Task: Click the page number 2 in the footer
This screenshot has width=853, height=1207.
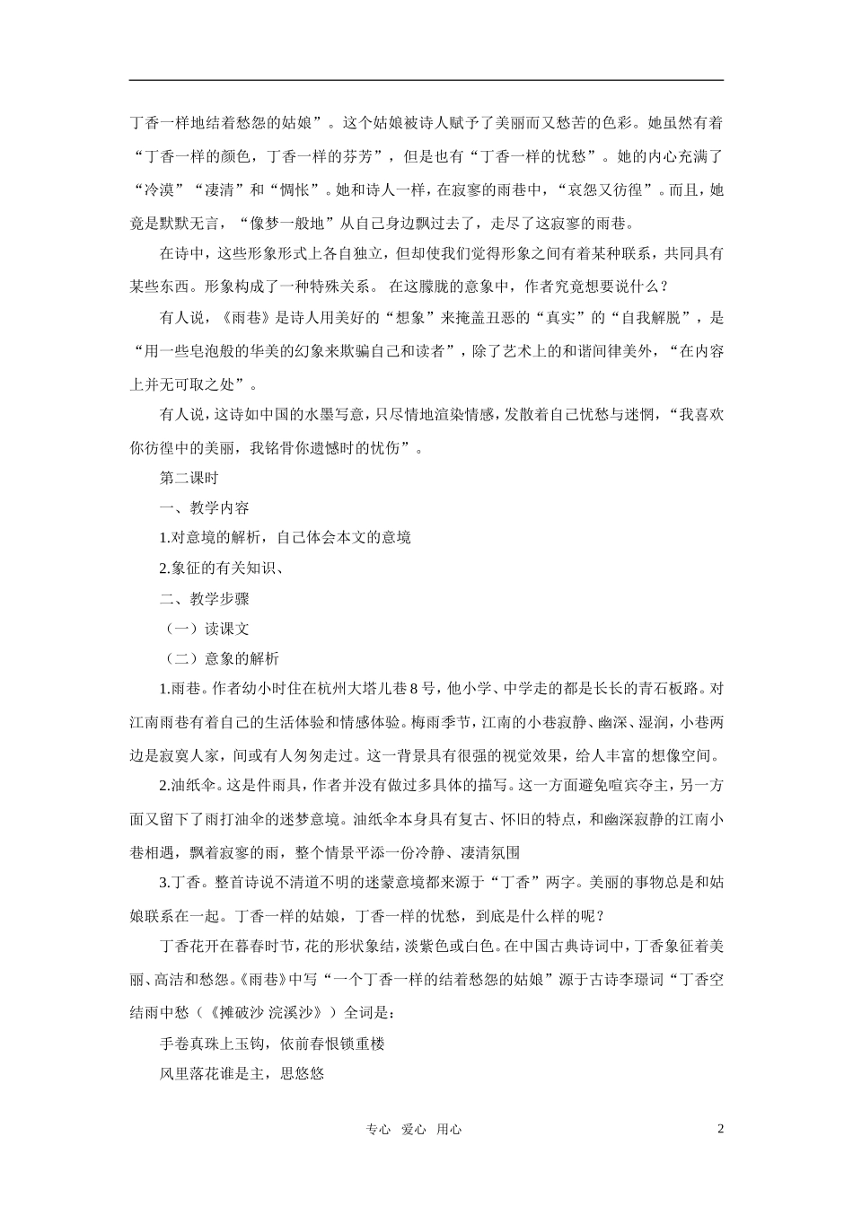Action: (720, 1130)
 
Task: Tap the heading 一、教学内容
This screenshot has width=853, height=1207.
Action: (204, 507)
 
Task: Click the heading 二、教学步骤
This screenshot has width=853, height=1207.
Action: (204, 598)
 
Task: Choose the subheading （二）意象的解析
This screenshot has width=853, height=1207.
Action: (219, 658)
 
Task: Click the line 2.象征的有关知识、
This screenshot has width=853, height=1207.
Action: (222, 568)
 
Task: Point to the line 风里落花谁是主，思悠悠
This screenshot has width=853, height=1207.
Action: (241, 1072)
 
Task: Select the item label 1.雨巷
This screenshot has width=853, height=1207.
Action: (182, 689)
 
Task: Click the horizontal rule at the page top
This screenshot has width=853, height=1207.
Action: (426, 81)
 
